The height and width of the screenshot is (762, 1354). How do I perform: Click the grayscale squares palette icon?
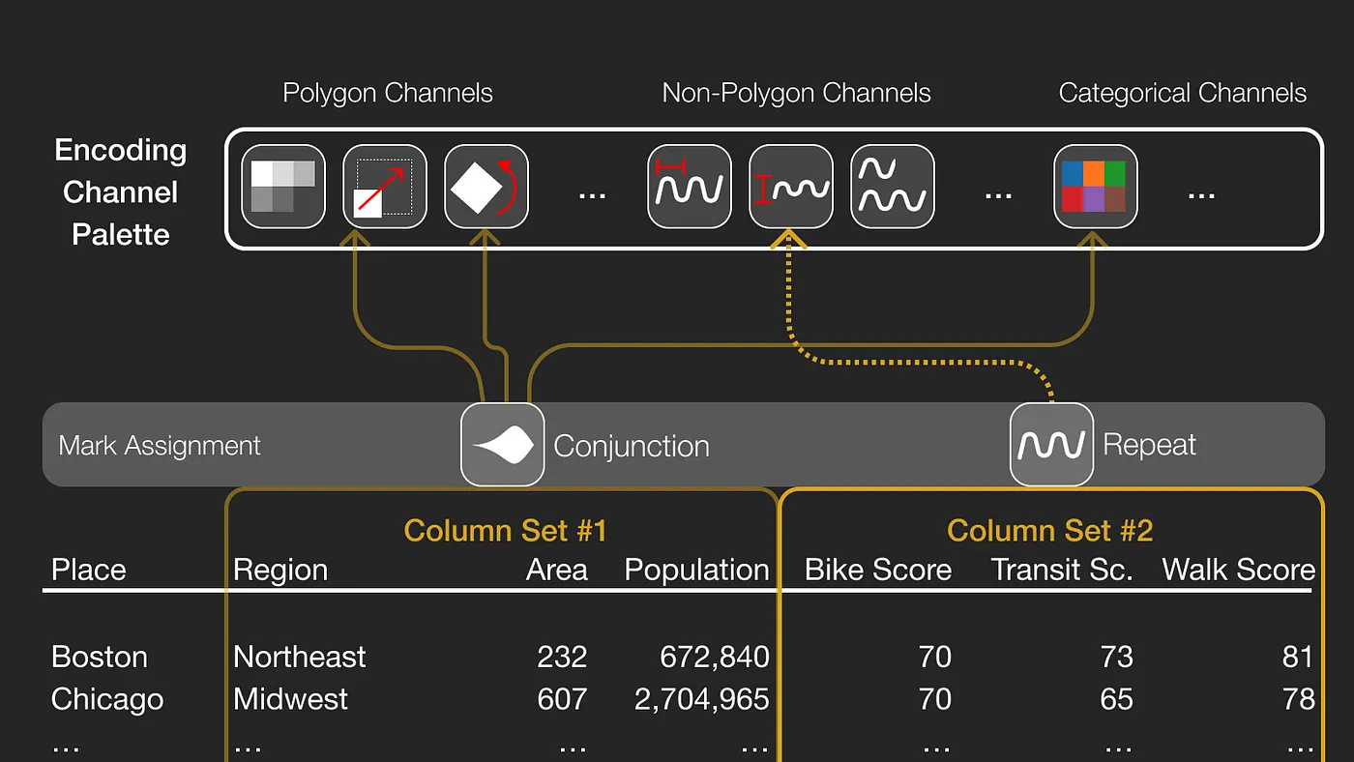(x=283, y=187)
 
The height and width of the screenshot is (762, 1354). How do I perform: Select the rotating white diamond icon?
(x=486, y=187)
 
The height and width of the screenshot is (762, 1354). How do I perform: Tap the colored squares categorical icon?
(x=1095, y=187)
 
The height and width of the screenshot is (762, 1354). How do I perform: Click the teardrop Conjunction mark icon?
(x=503, y=445)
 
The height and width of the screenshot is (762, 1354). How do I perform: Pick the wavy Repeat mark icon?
(x=1051, y=445)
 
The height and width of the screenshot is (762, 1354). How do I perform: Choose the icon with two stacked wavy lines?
(x=892, y=187)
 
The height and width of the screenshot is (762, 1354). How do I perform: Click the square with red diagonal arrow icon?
(x=385, y=187)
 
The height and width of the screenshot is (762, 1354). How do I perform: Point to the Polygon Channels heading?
(x=388, y=93)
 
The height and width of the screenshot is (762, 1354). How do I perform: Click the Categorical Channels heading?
(x=1182, y=93)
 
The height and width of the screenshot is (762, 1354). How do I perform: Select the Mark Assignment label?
(x=160, y=446)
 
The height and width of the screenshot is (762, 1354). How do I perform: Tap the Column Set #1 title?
(x=505, y=530)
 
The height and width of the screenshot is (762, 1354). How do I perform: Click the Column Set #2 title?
(x=1049, y=530)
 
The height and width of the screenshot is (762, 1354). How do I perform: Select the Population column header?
(x=696, y=570)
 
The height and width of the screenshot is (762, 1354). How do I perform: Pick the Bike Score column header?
(x=878, y=570)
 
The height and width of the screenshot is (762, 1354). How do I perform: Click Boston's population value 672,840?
(x=715, y=657)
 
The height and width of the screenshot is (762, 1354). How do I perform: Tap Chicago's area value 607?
(x=562, y=699)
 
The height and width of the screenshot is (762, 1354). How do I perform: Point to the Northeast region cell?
(x=300, y=657)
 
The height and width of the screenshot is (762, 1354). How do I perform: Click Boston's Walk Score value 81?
(x=1297, y=657)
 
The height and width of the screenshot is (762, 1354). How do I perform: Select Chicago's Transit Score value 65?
(x=1116, y=699)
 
